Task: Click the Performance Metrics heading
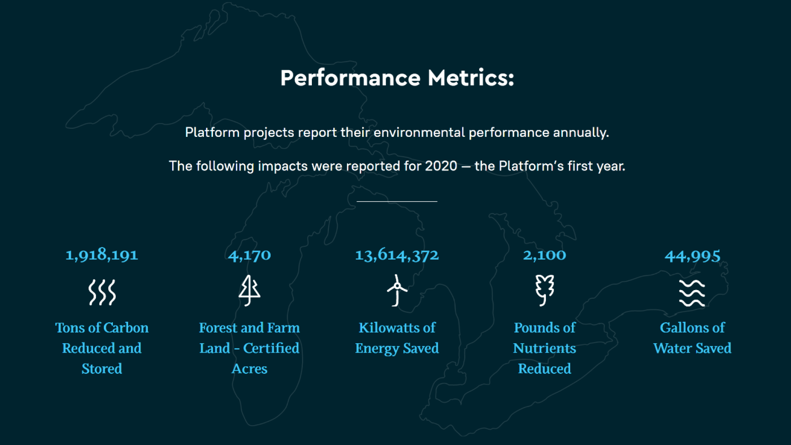point(397,78)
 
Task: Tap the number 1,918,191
point(102,255)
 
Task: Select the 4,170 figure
point(249,255)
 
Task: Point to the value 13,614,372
point(397,255)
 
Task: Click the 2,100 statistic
point(544,255)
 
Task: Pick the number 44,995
point(692,256)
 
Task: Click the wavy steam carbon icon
point(102,292)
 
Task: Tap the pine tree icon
point(249,290)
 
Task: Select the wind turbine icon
point(397,290)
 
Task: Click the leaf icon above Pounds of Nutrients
point(544,290)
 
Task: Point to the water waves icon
point(692,293)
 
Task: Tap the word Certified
point(271,348)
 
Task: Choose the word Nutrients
point(544,349)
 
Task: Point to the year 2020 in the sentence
point(441,166)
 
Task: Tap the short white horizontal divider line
point(397,201)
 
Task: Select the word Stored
point(102,369)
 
